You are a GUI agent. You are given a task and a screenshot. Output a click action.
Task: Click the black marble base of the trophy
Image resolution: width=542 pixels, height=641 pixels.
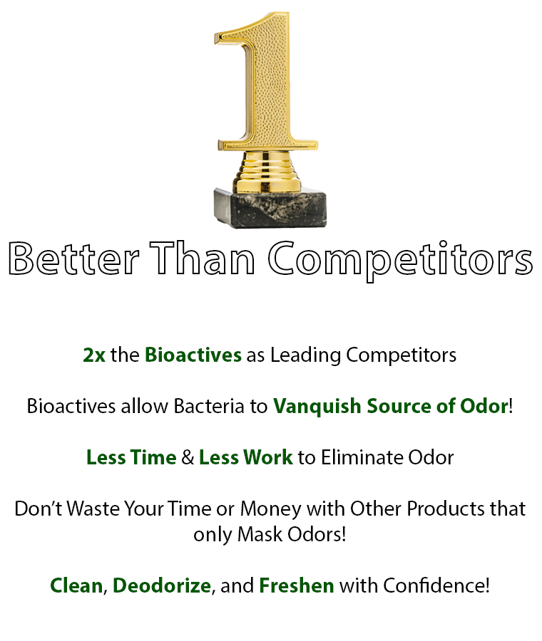[270, 207]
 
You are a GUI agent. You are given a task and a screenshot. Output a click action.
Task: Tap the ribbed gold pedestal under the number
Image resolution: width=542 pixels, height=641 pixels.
[267, 171]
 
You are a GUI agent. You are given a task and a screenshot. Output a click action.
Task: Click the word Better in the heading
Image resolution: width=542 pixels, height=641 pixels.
[73, 259]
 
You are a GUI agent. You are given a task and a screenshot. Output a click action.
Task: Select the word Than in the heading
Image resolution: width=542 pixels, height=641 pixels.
[203, 259]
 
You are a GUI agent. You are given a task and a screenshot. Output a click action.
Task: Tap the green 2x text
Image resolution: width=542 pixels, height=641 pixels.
[94, 355]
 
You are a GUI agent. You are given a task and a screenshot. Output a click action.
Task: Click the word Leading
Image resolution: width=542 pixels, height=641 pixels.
[305, 355]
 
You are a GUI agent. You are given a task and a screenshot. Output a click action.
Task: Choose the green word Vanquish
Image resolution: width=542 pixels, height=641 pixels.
[317, 407]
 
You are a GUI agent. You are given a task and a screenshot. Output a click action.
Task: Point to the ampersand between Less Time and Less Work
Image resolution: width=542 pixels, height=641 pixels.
[188, 457]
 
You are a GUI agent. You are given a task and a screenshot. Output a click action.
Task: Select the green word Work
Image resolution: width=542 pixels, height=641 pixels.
[270, 457]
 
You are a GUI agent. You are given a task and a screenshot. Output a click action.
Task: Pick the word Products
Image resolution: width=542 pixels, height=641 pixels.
[446, 509]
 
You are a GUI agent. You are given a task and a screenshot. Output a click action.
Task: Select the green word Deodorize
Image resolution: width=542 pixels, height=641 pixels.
[162, 585]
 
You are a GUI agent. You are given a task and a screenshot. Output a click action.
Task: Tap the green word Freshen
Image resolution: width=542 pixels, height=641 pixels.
[297, 585]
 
